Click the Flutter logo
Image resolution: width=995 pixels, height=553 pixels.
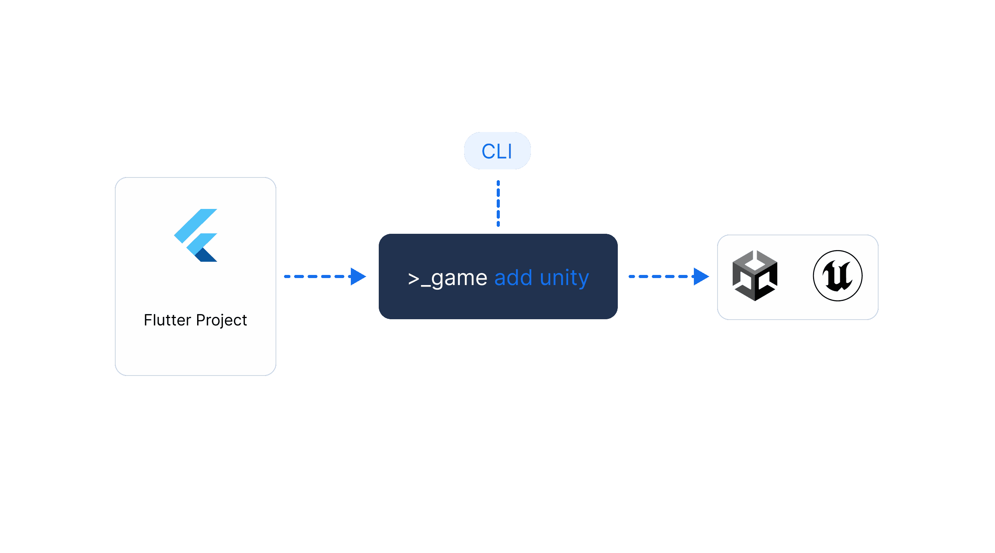coord(196,235)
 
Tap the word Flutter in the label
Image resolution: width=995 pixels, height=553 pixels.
coord(167,320)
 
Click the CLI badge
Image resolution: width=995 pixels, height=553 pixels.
coord(497,151)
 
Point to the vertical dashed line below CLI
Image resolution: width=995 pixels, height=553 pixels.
coord(498,203)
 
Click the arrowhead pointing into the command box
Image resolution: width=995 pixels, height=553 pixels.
coord(358,276)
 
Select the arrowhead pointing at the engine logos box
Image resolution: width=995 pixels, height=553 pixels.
coord(701,276)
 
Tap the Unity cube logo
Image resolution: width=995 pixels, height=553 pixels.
coord(755,276)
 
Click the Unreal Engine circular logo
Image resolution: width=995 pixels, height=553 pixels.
coord(838,276)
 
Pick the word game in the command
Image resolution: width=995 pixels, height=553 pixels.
coord(459,278)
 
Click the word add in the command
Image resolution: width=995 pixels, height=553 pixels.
coord(513,278)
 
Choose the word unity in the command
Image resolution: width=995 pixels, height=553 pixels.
coord(564,278)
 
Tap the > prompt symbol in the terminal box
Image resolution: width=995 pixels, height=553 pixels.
coord(414,279)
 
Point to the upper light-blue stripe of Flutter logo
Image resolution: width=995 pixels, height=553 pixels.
coord(196,226)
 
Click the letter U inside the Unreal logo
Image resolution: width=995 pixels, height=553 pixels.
coord(837,276)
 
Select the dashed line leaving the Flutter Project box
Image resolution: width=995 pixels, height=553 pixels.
coord(317,276)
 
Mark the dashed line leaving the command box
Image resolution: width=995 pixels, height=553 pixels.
coord(661,276)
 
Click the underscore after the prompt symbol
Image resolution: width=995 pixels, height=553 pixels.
coord(426,286)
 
